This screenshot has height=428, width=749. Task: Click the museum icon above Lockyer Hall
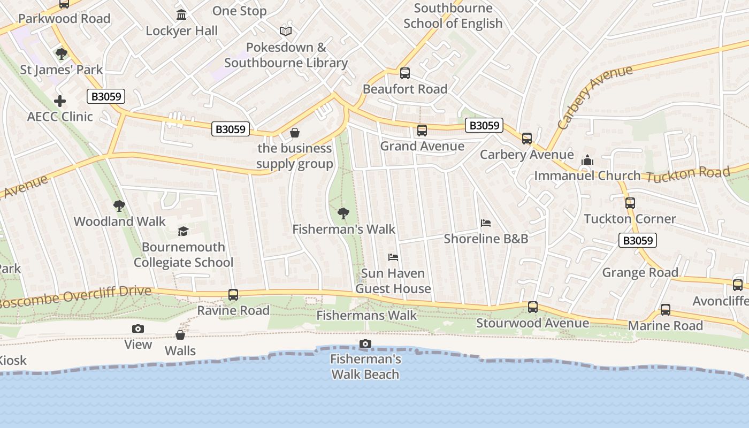(181, 14)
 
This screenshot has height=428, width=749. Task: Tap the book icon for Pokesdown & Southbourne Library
(286, 31)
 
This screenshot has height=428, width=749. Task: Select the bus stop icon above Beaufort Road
(405, 73)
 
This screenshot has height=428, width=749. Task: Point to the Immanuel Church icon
(587, 160)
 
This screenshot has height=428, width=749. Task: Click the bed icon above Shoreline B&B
(486, 223)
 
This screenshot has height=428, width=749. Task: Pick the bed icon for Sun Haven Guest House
(393, 257)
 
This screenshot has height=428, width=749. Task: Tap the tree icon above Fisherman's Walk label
(343, 213)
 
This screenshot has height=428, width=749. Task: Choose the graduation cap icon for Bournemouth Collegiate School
(184, 231)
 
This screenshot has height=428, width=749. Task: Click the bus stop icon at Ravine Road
(233, 294)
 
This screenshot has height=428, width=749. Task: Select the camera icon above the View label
(138, 328)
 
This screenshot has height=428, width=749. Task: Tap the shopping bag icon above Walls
(180, 335)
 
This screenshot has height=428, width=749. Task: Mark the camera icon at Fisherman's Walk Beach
(365, 343)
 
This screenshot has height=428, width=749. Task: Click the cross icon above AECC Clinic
(60, 101)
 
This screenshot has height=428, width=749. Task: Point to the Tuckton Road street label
(688, 174)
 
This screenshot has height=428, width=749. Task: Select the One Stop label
(239, 11)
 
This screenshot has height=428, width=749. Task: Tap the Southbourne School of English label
(453, 16)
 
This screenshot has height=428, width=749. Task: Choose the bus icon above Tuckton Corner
(630, 203)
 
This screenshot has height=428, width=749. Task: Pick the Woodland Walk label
(119, 221)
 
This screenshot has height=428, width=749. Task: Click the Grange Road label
(640, 272)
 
